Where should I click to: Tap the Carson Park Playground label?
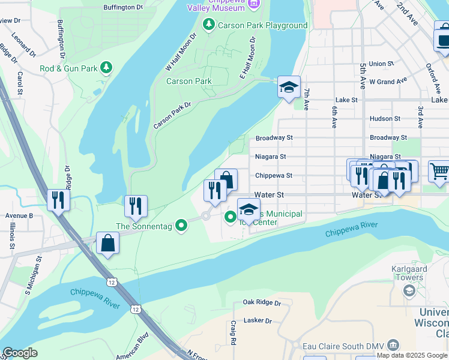point(262,25)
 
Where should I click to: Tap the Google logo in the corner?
point(20,353)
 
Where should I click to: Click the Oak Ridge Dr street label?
point(262,303)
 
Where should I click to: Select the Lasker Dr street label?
point(258,320)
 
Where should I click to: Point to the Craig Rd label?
point(232,332)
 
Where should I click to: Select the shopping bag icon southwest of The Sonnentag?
point(107,243)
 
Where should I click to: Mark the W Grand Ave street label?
point(388,81)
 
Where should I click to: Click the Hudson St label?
point(385,119)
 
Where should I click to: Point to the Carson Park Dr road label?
point(172,115)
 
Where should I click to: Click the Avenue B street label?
point(19,215)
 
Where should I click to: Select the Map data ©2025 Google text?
point(411,355)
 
